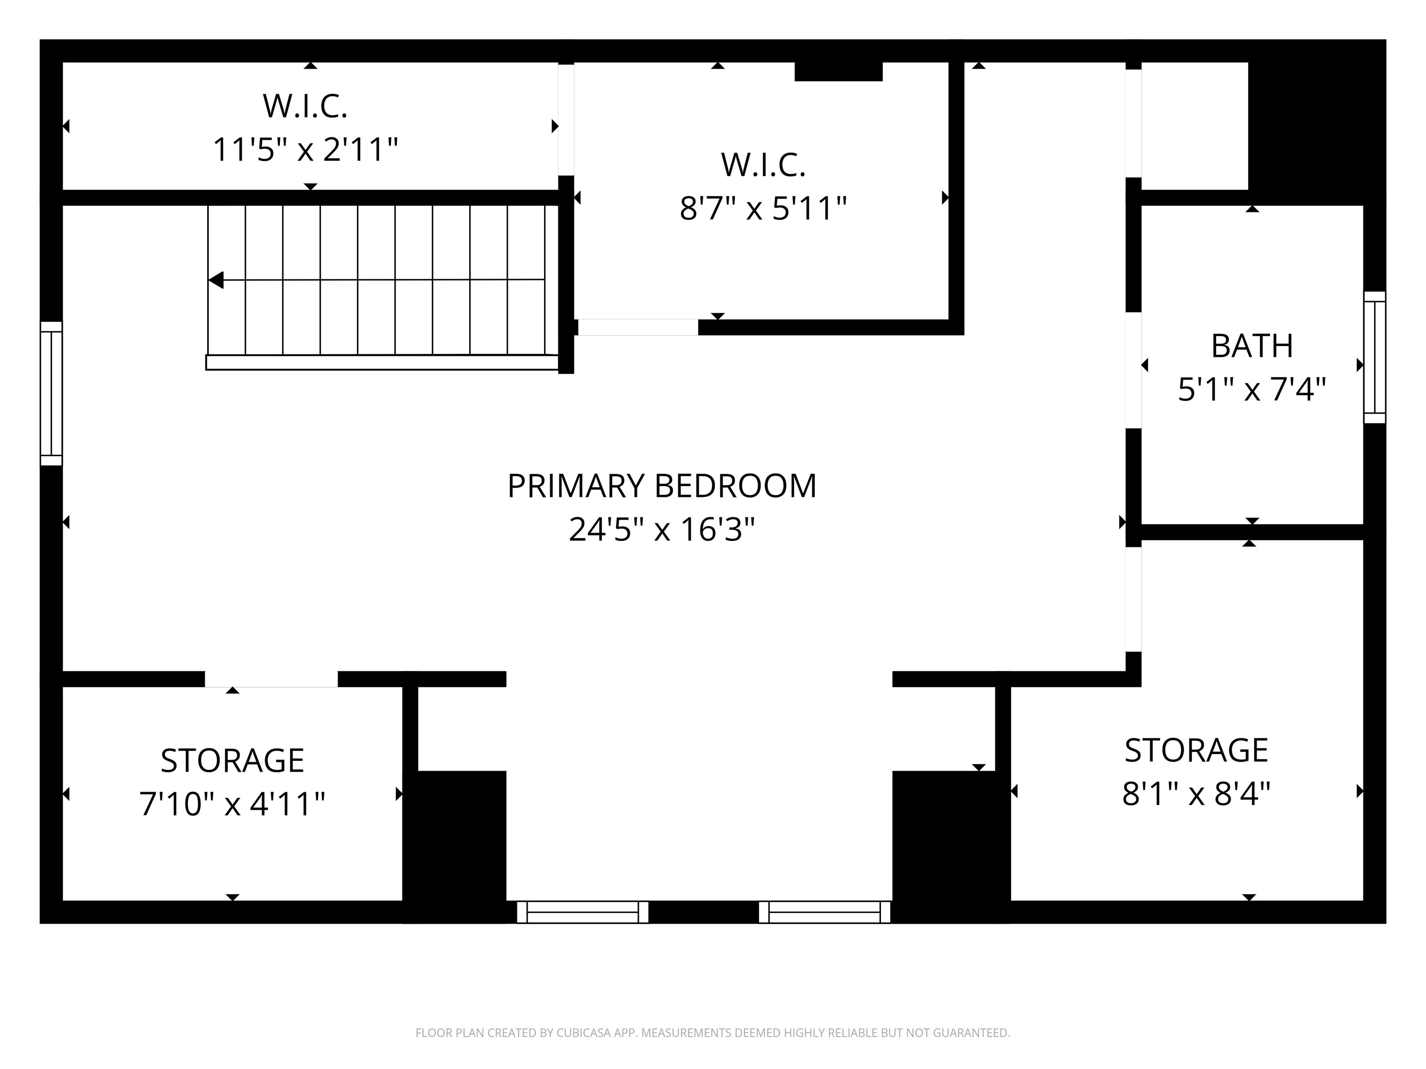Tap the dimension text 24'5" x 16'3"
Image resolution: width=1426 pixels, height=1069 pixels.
(x=661, y=530)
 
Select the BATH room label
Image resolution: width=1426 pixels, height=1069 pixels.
(x=1252, y=346)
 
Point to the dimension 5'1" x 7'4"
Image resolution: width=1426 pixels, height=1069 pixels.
(x=1252, y=389)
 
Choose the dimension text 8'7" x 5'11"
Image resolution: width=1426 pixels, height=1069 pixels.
(x=763, y=208)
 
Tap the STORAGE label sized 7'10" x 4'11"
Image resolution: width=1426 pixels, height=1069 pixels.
(x=232, y=760)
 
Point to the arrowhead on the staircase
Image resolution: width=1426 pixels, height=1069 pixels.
(x=216, y=280)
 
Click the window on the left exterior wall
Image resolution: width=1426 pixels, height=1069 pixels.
(x=52, y=393)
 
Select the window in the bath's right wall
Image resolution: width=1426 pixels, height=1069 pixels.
(x=1374, y=358)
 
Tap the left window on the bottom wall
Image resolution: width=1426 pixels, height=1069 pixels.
(x=582, y=912)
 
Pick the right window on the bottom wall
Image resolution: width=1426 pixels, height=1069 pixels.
(x=824, y=912)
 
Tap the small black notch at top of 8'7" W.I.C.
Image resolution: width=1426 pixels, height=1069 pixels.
(x=838, y=71)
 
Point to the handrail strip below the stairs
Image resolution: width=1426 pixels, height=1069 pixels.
(x=382, y=362)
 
